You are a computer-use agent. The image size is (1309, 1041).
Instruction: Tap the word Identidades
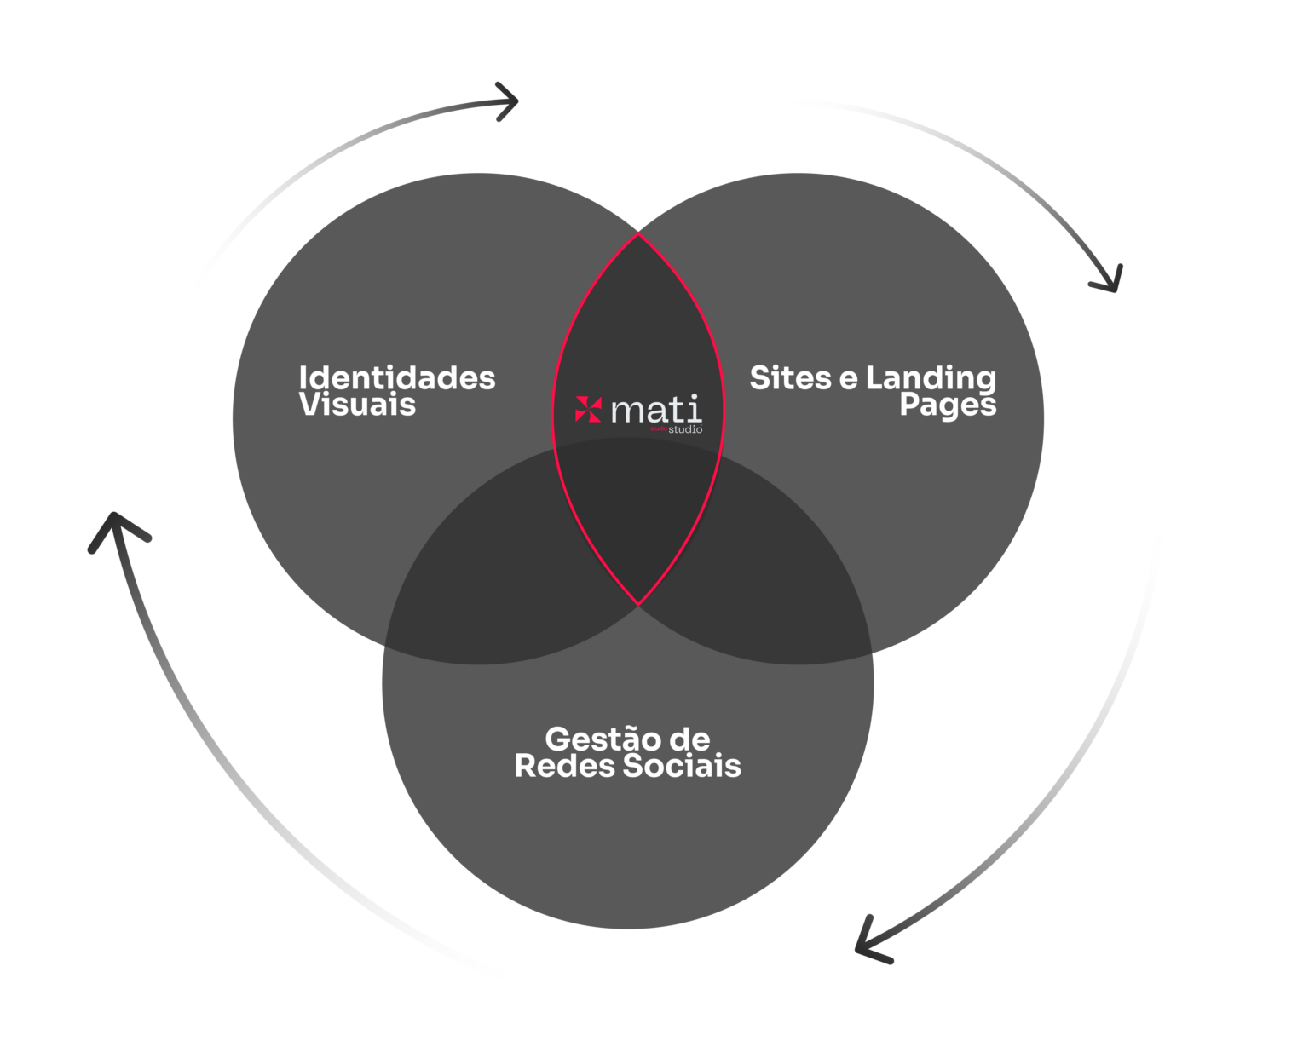[397, 377]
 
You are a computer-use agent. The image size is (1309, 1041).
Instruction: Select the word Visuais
[357, 405]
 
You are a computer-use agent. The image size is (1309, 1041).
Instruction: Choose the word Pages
[948, 405]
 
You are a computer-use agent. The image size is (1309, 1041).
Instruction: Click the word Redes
[563, 765]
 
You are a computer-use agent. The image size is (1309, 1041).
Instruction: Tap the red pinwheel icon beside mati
[588, 409]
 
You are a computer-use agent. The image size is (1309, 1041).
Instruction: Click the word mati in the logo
[656, 410]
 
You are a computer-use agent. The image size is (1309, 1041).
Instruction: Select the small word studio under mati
[685, 429]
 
